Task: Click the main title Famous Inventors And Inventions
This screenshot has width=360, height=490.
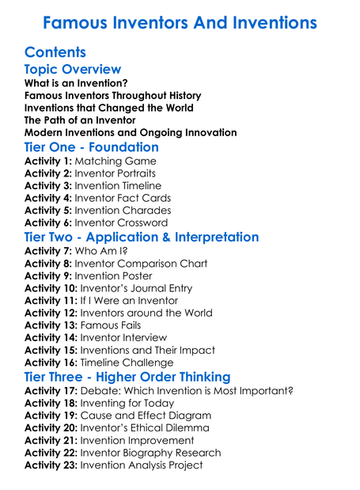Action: pyautogui.click(x=180, y=21)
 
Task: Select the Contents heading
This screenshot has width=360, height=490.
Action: pyautogui.click(x=55, y=52)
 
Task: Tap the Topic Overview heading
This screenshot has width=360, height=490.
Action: pyautogui.click(x=73, y=70)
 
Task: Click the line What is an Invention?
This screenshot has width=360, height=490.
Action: pyautogui.click(x=77, y=82)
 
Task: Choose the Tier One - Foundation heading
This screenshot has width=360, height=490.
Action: pyautogui.click(x=92, y=147)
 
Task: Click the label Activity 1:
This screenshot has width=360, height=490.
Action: pyautogui.click(x=48, y=161)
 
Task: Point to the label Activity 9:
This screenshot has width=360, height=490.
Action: pyautogui.click(x=48, y=276)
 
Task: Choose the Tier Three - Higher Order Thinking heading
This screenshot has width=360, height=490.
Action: pyautogui.click(x=127, y=377)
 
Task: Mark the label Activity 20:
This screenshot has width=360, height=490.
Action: pyautogui.click(x=51, y=427)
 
